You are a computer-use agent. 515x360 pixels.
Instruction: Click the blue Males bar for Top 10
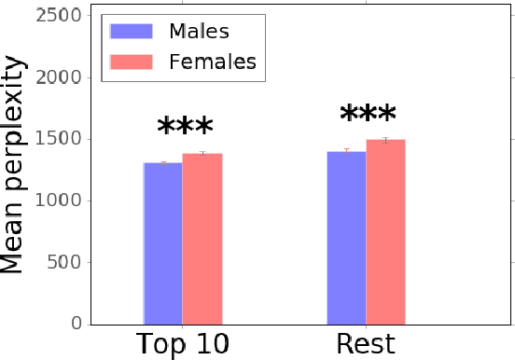click(x=162, y=243)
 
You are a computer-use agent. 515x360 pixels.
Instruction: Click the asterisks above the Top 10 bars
click(x=185, y=129)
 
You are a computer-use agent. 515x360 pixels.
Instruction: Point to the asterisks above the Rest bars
click(x=368, y=117)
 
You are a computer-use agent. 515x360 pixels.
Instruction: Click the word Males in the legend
click(x=199, y=31)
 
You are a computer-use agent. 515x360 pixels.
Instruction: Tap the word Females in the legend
click(x=212, y=62)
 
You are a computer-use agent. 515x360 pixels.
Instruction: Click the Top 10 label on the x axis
click(x=183, y=344)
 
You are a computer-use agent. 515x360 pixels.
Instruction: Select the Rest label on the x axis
click(x=366, y=344)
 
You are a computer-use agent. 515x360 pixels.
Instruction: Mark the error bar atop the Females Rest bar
click(x=385, y=140)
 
